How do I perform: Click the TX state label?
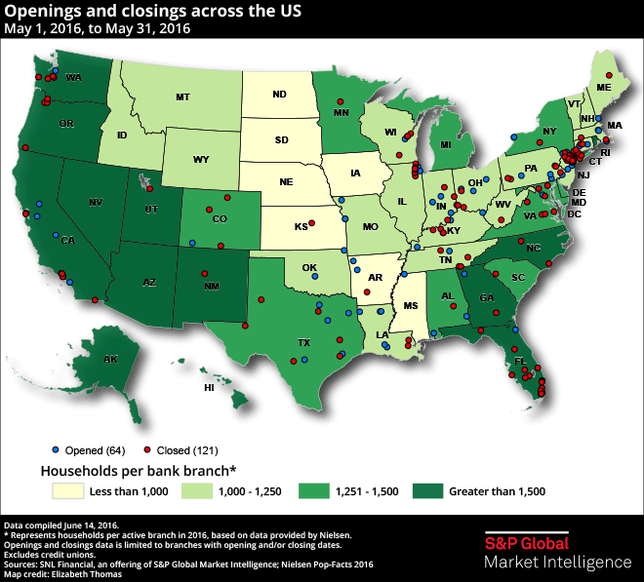(x=303, y=343)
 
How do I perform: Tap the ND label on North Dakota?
(x=280, y=95)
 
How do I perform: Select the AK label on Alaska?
(x=110, y=360)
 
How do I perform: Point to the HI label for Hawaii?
(x=208, y=388)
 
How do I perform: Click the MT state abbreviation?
(x=182, y=97)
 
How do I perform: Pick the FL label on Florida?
(x=520, y=361)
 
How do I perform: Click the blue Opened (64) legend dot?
(x=55, y=451)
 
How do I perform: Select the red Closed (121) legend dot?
(x=146, y=451)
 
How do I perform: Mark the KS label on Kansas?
(x=302, y=225)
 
